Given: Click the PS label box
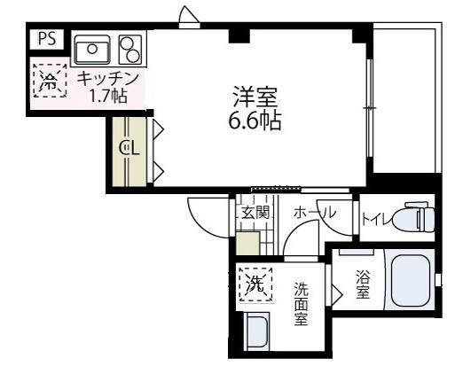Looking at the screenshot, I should point(47,40).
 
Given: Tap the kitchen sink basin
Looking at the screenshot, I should point(91,46).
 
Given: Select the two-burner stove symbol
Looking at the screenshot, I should point(129,46).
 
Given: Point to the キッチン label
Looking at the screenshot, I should point(107,78).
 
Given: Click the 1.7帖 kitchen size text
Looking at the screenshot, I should point(106,95).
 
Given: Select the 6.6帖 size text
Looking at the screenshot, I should point(254,121).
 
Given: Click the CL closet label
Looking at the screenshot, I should point(129,148).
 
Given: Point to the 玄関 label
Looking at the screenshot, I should point(255,214).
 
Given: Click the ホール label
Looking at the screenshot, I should point(313,214).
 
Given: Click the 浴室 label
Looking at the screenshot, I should point(363,284).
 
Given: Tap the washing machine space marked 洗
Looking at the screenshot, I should point(255,285).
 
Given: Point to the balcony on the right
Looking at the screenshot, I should point(405,97).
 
